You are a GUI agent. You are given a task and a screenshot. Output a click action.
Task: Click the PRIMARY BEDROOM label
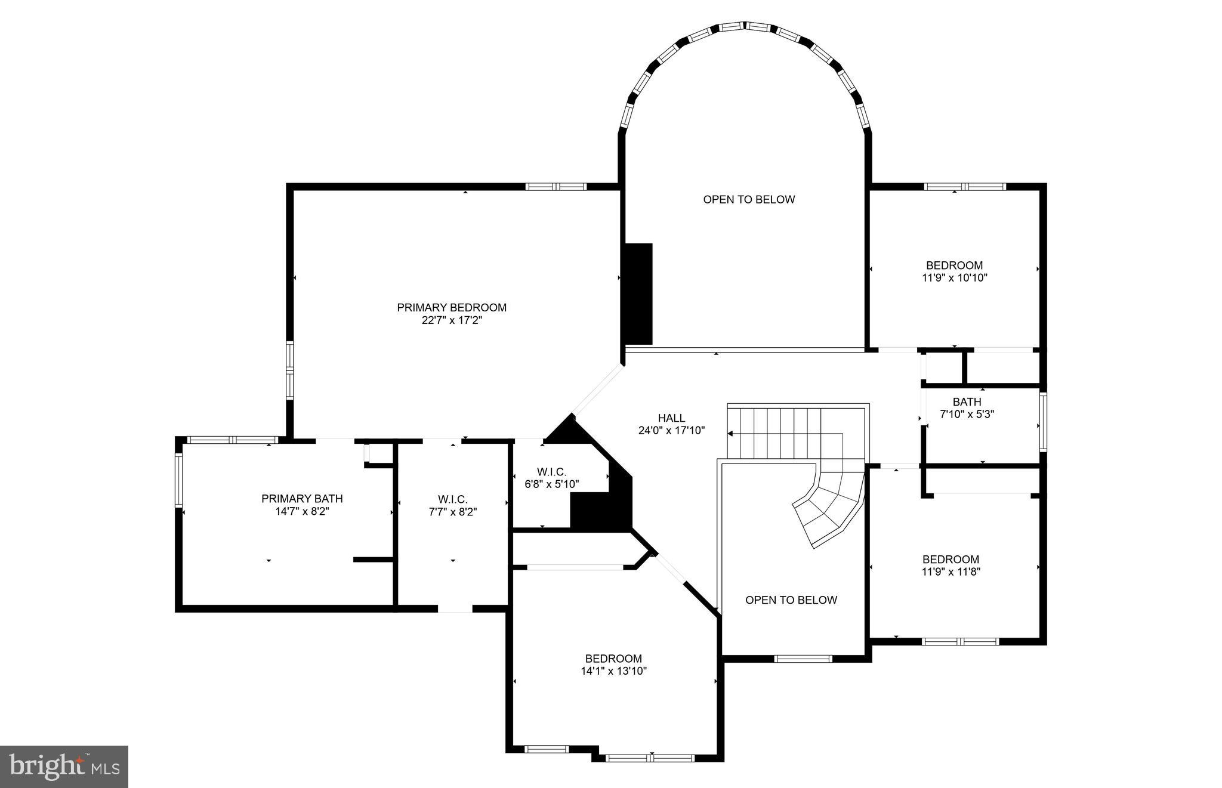point(452,307)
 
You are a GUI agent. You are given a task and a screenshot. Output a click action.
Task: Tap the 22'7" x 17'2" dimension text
point(452,320)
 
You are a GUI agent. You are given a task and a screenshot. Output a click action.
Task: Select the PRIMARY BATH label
point(302,499)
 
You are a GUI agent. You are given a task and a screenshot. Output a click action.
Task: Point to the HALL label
point(671,418)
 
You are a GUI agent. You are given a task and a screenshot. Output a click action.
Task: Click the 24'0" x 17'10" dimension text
point(671,430)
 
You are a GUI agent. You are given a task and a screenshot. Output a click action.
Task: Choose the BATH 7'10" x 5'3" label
point(967,408)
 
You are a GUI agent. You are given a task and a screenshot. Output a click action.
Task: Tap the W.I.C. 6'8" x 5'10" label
point(551,478)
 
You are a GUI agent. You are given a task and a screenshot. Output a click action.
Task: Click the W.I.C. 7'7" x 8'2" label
point(452,505)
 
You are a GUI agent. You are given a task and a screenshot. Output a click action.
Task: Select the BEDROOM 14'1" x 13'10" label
point(613,665)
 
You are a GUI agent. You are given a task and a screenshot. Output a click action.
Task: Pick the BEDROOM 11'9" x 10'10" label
point(954,271)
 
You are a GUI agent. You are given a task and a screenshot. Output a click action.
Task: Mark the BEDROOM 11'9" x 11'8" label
point(951,565)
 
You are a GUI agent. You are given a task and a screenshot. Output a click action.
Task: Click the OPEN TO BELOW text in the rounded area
point(749,199)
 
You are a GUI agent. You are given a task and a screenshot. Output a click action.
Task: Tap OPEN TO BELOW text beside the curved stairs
point(791,600)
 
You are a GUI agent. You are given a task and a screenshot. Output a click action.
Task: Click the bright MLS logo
point(64,767)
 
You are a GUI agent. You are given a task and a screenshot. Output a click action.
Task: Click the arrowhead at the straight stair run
point(730,434)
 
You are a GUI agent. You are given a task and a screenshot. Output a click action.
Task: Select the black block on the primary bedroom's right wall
point(638,293)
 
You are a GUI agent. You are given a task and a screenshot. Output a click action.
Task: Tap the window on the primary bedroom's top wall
point(556,187)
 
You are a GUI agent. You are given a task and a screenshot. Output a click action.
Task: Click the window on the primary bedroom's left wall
point(290,370)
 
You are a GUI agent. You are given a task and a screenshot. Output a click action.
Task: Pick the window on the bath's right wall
point(1042,421)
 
